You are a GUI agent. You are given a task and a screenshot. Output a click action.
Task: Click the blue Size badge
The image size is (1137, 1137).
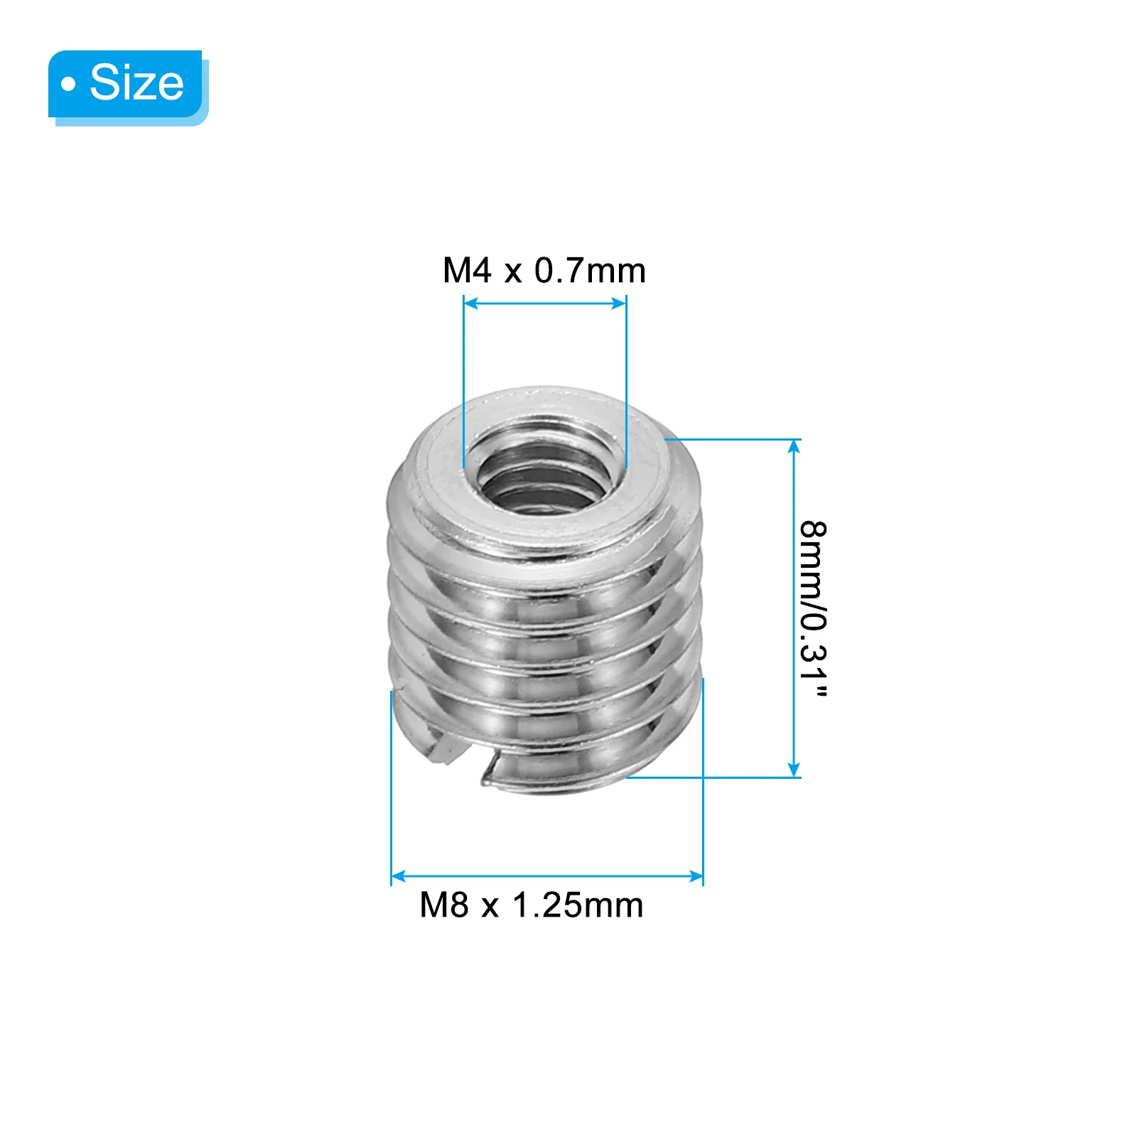click(128, 87)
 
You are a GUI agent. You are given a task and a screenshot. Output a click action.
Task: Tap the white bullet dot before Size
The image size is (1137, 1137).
click(68, 85)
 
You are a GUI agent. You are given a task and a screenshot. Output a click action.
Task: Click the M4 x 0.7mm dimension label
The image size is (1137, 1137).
click(544, 271)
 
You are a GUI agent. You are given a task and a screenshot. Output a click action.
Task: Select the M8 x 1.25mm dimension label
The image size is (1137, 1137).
click(532, 905)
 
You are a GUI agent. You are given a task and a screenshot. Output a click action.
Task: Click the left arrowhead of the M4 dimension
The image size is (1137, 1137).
click(469, 303)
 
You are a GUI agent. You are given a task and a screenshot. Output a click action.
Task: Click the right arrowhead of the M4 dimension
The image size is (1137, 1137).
click(620, 303)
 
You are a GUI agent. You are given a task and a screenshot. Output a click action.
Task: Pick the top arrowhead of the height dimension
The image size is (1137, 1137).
click(794, 446)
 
